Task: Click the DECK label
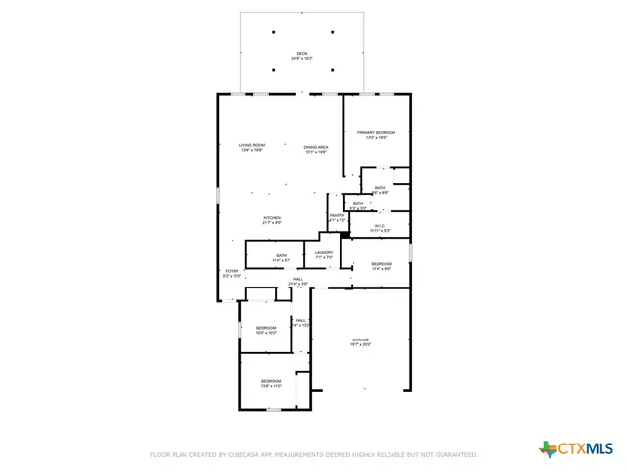coord(301,53)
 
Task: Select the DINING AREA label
coord(315,147)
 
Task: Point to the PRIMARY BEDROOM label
coord(377,132)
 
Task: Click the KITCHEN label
coord(272,217)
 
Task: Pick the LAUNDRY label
coord(324,252)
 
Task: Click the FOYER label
coord(232,271)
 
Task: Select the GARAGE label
coord(361,340)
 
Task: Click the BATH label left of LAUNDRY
coord(282,256)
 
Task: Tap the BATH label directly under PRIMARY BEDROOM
coord(380,187)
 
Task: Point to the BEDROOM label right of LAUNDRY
coord(381,263)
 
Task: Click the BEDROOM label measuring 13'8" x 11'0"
coord(271,380)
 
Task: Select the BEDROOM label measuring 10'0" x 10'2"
coord(266,328)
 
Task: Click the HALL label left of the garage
coord(301,319)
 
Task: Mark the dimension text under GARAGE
coord(361,345)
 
